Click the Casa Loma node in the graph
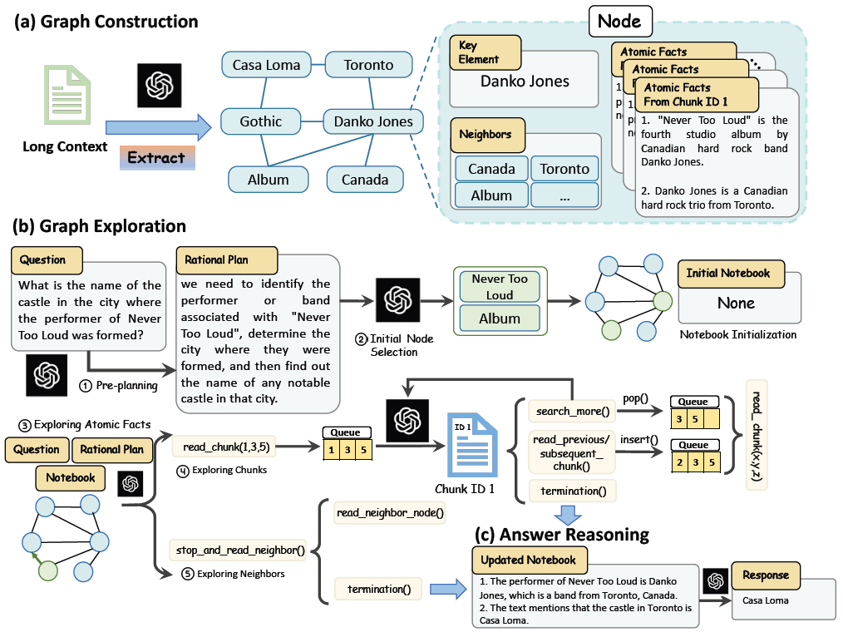(266, 65)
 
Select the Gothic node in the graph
(260, 121)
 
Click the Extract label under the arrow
(156, 157)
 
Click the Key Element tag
(485, 52)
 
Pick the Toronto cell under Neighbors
(564, 169)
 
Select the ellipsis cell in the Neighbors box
(564, 196)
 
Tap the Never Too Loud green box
(499, 287)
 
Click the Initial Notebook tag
(728, 273)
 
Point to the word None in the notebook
(736, 304)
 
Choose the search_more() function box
(572, 412)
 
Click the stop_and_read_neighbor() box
(238, 549)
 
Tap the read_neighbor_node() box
(389, 514)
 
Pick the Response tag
(766, 575)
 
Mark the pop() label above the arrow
(637, 400)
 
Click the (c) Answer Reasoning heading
(562, 534)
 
